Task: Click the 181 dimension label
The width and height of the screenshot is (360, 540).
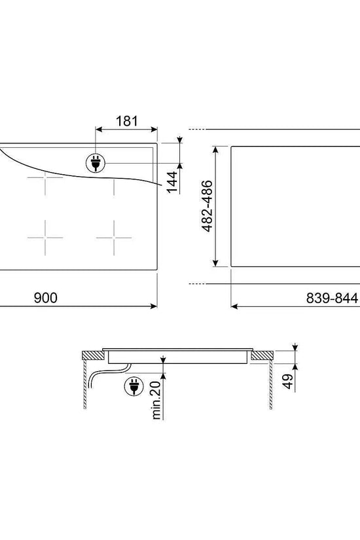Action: (126, 121)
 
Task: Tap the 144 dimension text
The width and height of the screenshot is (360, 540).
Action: (172, 182)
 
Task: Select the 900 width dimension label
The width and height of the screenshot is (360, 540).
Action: (45, 298)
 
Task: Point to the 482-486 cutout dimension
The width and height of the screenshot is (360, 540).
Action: (207, 206)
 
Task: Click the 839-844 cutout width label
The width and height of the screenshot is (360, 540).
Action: (332, 298)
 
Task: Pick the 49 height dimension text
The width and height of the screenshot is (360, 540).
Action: (288, 381)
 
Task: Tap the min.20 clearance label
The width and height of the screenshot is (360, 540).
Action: (156, 400)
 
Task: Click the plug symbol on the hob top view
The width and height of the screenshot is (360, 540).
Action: (96, 163)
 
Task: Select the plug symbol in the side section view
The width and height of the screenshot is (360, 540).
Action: (134, 386)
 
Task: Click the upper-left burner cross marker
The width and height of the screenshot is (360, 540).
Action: (45, 177)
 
